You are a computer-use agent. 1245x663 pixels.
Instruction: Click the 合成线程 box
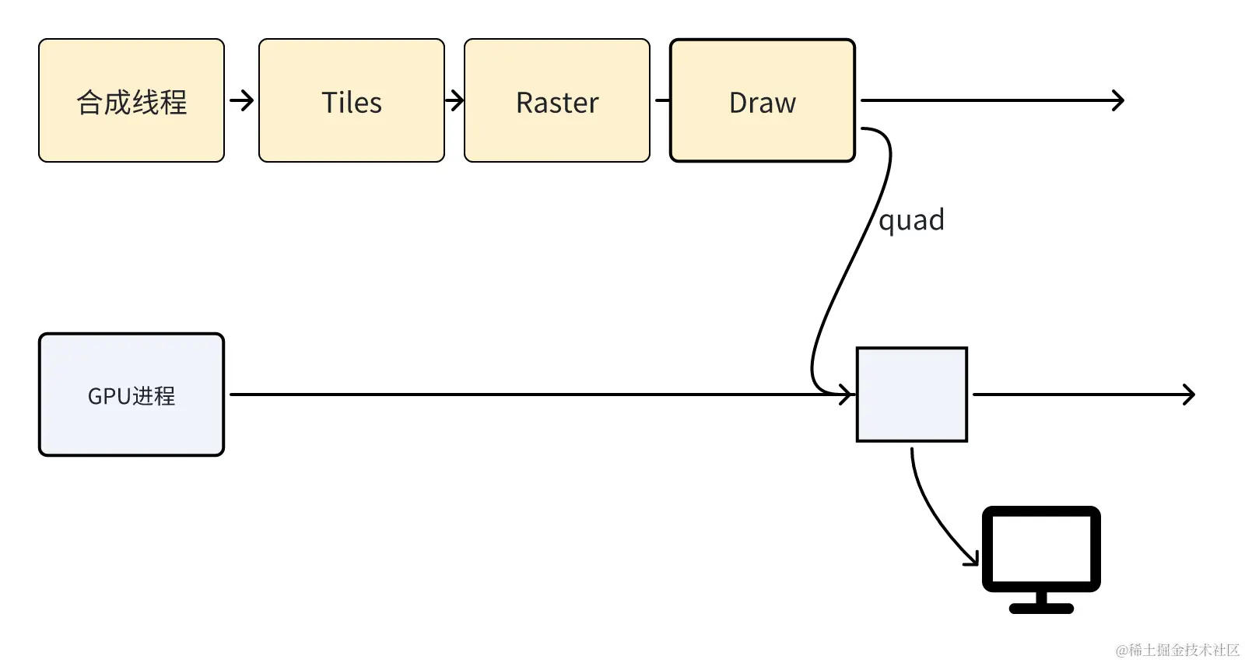coord(132,100)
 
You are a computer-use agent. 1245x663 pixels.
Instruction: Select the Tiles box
coord(351,100)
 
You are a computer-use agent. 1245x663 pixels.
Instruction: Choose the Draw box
coord(762,100)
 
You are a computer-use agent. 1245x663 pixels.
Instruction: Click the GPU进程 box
coord(132,395)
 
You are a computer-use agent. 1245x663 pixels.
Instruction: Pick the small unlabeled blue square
coord(911,395)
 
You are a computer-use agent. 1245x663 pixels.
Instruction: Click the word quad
coord(911,220)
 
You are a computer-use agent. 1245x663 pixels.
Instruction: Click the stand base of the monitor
coord(1041,609)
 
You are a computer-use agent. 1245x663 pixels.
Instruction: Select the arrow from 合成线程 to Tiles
coord(241,100)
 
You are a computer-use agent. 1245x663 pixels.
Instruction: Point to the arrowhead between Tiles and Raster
coord(458,100)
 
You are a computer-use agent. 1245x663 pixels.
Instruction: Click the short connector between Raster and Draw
coord(662,100)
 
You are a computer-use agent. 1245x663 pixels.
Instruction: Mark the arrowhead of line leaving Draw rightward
coord(1119,100)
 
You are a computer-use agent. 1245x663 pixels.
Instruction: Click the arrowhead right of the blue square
coord(1189,395)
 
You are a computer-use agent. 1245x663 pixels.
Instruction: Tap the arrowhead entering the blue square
coord(847,395)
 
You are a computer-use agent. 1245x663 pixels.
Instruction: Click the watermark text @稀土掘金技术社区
coord(1177,650)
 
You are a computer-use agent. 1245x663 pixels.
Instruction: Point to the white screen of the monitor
coord(1041,549)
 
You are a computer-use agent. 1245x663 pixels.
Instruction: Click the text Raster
coord(556,103)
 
